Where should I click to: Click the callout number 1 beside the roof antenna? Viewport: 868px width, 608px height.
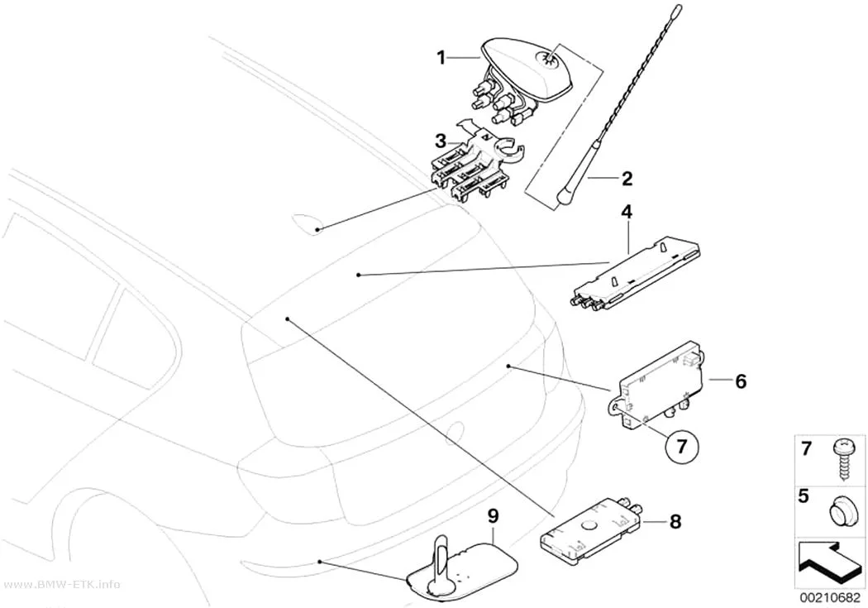441,58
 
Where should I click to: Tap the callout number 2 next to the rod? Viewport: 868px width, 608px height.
627,179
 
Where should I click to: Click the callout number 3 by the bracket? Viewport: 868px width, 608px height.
441,141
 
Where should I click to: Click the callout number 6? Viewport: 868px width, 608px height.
741,381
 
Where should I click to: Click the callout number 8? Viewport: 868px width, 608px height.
675,521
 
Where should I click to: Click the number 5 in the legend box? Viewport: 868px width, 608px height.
804,495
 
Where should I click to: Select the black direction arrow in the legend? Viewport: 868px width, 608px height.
828,562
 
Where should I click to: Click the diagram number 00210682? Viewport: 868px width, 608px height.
827,597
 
